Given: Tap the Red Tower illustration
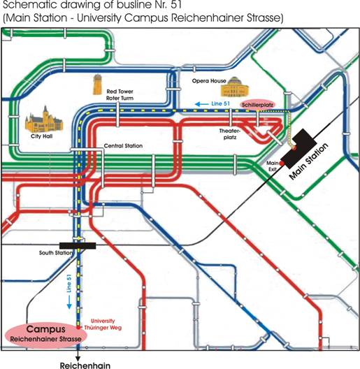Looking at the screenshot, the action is pyautogui.click(x=97, y=85).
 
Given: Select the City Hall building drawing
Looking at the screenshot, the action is pyautogui.click(x=44, y=120).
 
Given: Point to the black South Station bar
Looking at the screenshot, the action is pyautogui.click(x=78, y=246).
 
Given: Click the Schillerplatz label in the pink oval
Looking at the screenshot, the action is pyautogui.click(x=257, y=105).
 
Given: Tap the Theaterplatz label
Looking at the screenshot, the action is pyautogui.click(x=229, y=134).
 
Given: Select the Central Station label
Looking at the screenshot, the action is pyautogui.click(x=123, y=146).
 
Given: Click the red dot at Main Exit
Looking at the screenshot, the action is pyautogui.click(x=282, y=163).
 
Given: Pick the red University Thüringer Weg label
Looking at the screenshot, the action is pyautogui.click(x=103, y=324).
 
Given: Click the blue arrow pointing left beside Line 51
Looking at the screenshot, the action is pyautogui.click(x=202, y=104).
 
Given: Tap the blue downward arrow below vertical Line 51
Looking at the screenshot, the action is pyautogui.click(x=69, y=303).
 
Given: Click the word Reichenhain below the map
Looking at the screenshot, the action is pyautogui.click(x=85, y=366).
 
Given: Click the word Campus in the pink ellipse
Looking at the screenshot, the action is pyautogui.click(x=46, y=329).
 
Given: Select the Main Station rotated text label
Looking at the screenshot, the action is pyautogui.click(x=308, y=161).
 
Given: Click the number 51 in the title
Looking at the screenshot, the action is pyautogui.click(x=176, y=5).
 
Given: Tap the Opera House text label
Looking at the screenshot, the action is pyautogui.click(x=209, y=81).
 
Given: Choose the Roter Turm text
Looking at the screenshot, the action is pyautogui.click(x=120, y=98).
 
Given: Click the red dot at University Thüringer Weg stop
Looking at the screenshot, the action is pyautogui.click(x=78, y=328).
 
